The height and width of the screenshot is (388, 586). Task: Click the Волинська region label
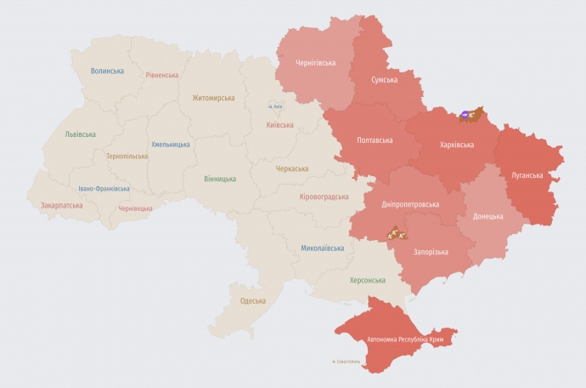108,71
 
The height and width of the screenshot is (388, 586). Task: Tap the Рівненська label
161,75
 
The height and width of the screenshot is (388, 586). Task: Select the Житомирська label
213,98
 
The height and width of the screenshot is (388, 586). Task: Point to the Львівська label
80,134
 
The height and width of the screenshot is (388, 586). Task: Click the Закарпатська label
61,205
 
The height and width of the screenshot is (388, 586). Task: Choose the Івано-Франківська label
104,188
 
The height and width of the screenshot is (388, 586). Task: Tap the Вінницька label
220,179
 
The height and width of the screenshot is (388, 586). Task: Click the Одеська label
252,300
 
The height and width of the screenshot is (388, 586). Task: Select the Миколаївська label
322,248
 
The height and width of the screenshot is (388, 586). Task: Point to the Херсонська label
367,280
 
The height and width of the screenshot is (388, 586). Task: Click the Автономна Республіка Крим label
407,339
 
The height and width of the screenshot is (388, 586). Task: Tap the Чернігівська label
315,63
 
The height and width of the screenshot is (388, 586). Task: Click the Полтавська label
375,140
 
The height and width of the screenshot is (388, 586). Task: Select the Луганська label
527,175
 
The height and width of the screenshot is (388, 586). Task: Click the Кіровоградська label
324,197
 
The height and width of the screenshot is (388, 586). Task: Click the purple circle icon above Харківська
465,115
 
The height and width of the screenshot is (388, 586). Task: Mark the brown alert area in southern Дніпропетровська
395,232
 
